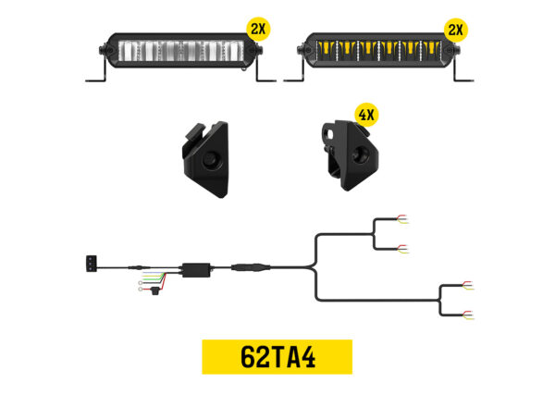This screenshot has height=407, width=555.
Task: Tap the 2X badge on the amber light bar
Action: (x=453, y=29)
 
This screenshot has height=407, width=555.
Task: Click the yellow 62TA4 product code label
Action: (x=277, y=357)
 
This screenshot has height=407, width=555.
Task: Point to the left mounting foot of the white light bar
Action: (x=96, y=78)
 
